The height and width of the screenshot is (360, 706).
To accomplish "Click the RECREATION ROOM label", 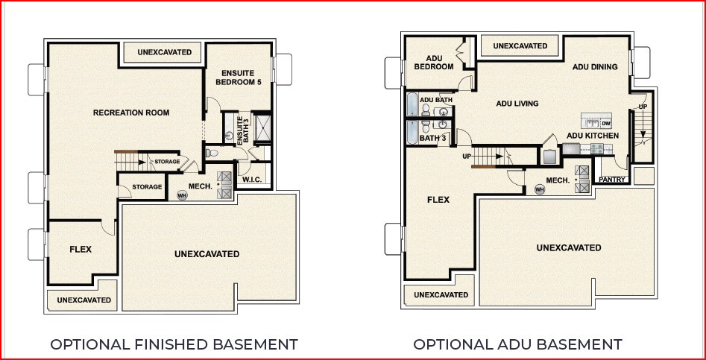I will [131, 113].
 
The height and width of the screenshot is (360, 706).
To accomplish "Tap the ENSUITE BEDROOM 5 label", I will [239, 77].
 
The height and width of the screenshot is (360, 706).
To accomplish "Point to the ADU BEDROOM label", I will [435, 63].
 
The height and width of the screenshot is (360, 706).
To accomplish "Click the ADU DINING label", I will [595, 67].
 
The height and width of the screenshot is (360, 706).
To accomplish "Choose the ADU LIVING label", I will [517, 104].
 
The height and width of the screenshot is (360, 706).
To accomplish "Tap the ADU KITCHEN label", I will [593, 136].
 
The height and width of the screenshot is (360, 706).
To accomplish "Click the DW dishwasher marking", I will [606, 123].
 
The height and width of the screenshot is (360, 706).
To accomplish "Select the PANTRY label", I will [612, 180].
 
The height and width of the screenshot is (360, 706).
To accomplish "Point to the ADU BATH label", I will [436, 100].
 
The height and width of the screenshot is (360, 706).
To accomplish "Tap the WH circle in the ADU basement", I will [540, 189].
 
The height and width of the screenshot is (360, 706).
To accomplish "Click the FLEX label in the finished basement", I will [81, 249].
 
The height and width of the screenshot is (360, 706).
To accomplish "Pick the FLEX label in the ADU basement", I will [438, 200].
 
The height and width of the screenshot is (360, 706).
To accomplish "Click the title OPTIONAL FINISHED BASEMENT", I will [174, 344].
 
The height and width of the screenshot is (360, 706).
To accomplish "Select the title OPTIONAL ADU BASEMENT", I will [517, 344].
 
